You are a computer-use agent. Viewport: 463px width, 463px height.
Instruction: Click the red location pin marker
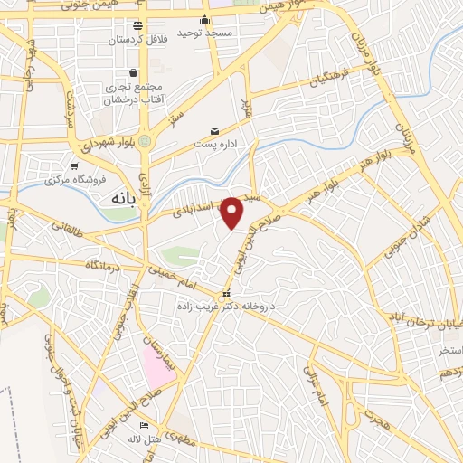(232, 213)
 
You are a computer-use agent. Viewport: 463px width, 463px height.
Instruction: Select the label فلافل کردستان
(137, 40)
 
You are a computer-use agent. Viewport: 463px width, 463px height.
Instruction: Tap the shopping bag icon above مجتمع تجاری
(134, 71)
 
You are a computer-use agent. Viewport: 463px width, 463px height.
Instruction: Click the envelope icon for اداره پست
(214, 130)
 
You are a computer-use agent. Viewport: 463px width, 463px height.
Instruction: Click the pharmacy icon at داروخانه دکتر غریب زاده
(226, 294)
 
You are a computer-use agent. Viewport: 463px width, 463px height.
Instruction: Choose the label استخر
(449, 349)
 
